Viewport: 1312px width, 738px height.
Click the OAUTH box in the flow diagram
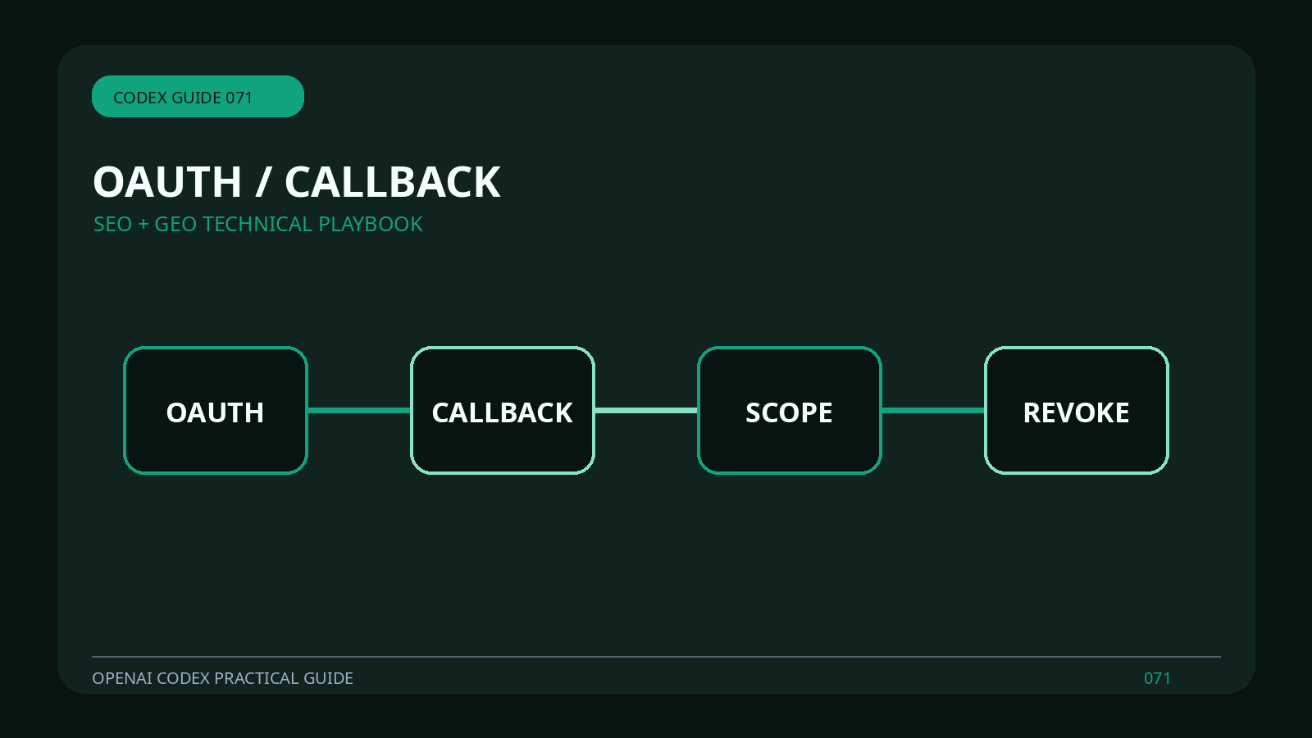click(x=216, y=410)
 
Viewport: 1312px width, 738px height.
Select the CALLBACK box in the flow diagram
click(x=503, y=410)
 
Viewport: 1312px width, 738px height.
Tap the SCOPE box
click(x=790, y=410)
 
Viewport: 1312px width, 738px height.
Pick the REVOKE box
click(x=1077, y=410)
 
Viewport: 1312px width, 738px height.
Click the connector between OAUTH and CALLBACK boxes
click(x=359, y=411)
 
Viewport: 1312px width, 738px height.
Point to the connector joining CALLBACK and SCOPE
click(x=646, y=411)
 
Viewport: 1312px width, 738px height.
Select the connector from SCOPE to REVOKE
click(x=933, y=411)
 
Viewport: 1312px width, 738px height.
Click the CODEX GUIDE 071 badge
click(x=198, y=97)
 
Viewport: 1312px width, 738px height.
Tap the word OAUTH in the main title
click(x=167, y=182)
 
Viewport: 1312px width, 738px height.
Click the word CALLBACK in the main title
click(x=393, y=182)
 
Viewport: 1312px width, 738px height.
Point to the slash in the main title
click(x=263, y=182)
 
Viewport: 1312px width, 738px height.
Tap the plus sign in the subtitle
click(x=143, y=225)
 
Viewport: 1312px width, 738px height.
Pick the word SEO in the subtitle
click(x=113, y=225)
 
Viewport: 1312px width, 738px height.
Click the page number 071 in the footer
click(x=1157, y=678)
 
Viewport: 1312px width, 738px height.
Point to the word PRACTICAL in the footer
click(x=257, y=678)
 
